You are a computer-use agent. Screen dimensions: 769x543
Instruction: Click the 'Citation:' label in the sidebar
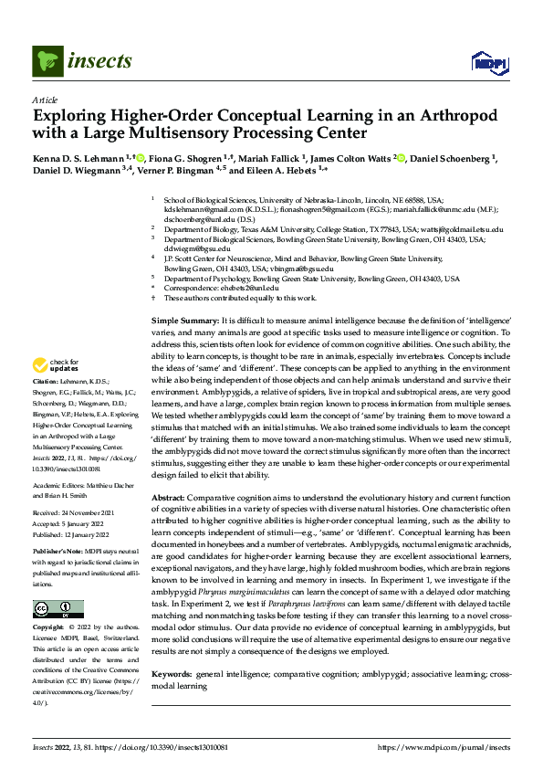pos(45,405)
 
